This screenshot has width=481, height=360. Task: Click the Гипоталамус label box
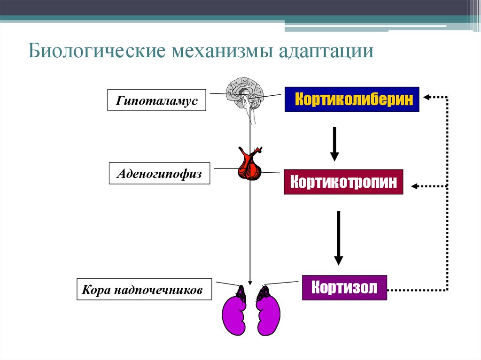click(157, 100)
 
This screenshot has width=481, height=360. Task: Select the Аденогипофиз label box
click(159, 173)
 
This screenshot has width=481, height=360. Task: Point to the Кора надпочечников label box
click(144, 289)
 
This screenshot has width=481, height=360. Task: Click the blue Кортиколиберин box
click(351, 99)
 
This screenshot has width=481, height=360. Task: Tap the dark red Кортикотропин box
click(343, 182)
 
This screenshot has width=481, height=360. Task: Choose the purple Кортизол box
click(344, 287)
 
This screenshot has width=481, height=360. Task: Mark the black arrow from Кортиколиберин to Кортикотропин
click(334, 144)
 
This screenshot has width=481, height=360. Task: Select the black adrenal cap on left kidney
click(241, 293)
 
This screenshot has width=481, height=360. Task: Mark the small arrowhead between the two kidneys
click(250, 281)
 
